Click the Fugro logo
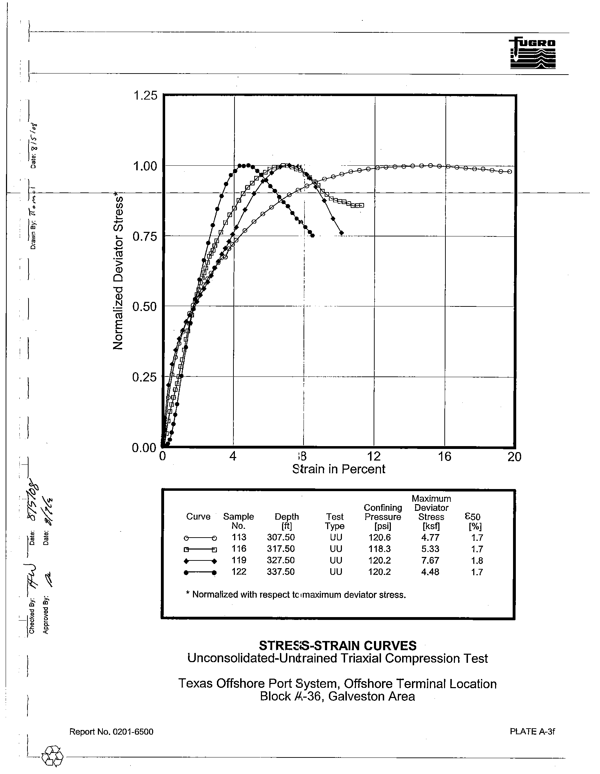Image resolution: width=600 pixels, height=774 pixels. (x=532, y=53)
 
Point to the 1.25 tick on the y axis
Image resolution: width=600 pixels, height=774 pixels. (x=145, y=96)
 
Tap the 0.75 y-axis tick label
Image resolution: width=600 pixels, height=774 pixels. (x=145, y=236)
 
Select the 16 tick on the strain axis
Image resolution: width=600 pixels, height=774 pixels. (x=444, y=457)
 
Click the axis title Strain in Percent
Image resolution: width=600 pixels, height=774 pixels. (x=338, y=469)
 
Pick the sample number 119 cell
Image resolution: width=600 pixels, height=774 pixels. (x=239, y=560)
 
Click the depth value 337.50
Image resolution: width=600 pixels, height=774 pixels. (x=281, y=572)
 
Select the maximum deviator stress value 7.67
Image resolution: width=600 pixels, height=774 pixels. (x=430, y=560)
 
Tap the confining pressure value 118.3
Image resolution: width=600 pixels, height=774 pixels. (x=380, y=549)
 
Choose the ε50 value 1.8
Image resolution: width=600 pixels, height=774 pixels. (x=477, y=561)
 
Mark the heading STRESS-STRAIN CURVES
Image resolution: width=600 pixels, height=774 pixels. (x=338, y=645)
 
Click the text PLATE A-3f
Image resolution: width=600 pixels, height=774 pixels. (x=532, y=731)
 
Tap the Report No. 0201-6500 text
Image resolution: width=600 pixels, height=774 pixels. (x=111, y=732)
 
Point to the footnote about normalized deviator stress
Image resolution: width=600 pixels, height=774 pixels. (x=295, y=595)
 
